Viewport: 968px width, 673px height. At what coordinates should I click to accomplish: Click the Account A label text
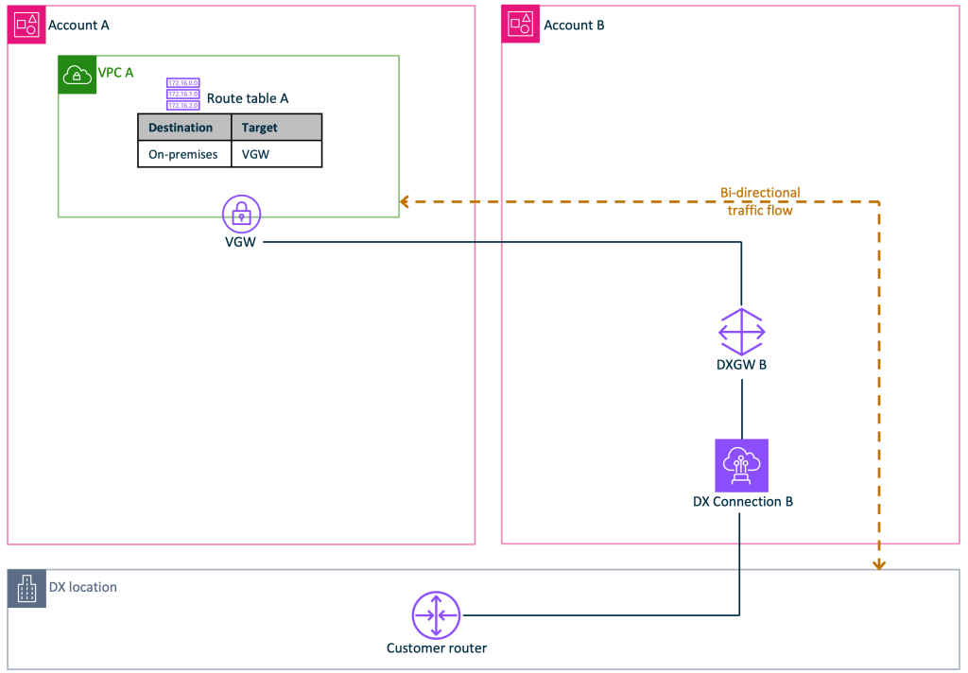pos(78,26)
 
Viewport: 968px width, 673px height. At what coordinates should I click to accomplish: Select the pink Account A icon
pos(27,26)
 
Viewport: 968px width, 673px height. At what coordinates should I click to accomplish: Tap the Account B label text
pos(574,26)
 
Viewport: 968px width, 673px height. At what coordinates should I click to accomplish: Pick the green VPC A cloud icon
pos(77,75)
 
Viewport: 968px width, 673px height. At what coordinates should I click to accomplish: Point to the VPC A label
pos(116,72)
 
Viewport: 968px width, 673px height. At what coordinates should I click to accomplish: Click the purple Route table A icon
pos(182,95)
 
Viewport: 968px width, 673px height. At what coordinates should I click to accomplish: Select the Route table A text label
pos(248,98)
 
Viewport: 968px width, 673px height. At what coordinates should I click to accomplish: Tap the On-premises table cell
pos(183,154)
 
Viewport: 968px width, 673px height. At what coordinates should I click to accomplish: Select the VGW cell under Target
pos(255,154)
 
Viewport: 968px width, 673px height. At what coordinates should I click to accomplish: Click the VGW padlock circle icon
pos(242,215)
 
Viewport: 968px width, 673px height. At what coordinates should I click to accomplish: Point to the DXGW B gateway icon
pos(741,332)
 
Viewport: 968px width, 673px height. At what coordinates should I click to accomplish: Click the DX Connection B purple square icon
pos(741,465)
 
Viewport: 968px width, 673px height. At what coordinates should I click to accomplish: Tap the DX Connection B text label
pos(742,502)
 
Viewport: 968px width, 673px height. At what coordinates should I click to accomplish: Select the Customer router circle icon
pos(436,615)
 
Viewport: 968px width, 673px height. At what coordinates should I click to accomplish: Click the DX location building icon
pos(26,589)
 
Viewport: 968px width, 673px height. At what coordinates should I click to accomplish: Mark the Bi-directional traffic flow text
pos(759,201)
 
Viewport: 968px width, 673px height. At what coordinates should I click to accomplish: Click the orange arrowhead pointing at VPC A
pos(405,201)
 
